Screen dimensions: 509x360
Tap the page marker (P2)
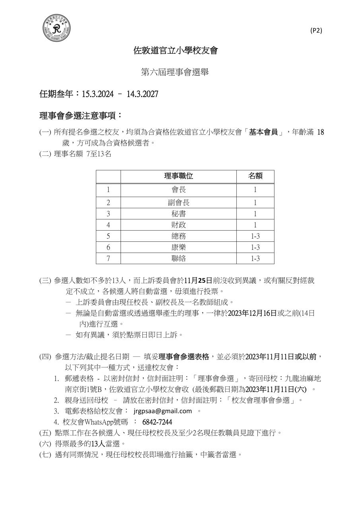(x=316, y=31)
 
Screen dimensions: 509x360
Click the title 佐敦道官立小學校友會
(x=175, y=51)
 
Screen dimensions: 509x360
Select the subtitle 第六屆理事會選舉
(x=175, y=72)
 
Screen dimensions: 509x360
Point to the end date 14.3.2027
(x=142, y=94)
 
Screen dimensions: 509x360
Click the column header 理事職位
(x=179, y=176)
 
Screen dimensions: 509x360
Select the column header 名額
(x=255, y=176)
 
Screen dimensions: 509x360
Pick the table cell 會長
(x=179, y=190)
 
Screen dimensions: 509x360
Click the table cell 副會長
(x=179, y=203)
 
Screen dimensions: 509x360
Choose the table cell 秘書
(x=179, y=214)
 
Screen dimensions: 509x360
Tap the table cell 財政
(x=179, y=225)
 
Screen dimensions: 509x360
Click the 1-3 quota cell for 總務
(x=255, y=236)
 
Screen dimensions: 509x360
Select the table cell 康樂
(x=179, y=247)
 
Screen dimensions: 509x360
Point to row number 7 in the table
(x=108, y=258)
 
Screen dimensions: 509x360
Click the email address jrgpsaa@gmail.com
(x=163, y=411)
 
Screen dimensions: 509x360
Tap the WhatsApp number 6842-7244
(x=157, y=422)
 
